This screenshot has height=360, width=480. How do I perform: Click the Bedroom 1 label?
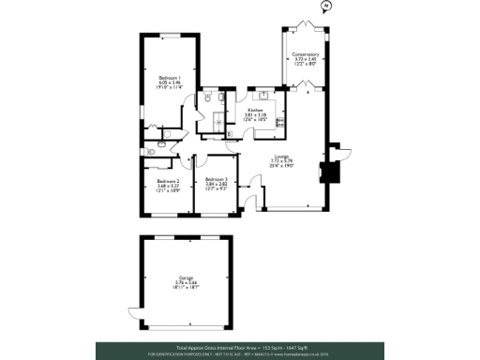(x=170, y=77)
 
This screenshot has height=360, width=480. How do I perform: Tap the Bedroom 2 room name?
(x=169, y=181)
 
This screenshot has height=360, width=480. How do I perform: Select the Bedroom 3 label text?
(x=217, y=178)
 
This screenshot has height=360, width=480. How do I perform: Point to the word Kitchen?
(x=254, y=109)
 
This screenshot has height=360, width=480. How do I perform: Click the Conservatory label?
(x=306, y=54)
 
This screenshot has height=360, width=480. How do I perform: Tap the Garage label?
(x=186, y=277)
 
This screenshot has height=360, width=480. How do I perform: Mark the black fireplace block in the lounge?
(x=327, y=172)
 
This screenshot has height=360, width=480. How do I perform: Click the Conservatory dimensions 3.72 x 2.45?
(x=306, y=59)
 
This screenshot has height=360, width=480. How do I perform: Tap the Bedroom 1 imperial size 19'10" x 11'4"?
(x=170, y=87)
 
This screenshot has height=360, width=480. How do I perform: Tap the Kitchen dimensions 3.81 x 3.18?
(x=254, y=114)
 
